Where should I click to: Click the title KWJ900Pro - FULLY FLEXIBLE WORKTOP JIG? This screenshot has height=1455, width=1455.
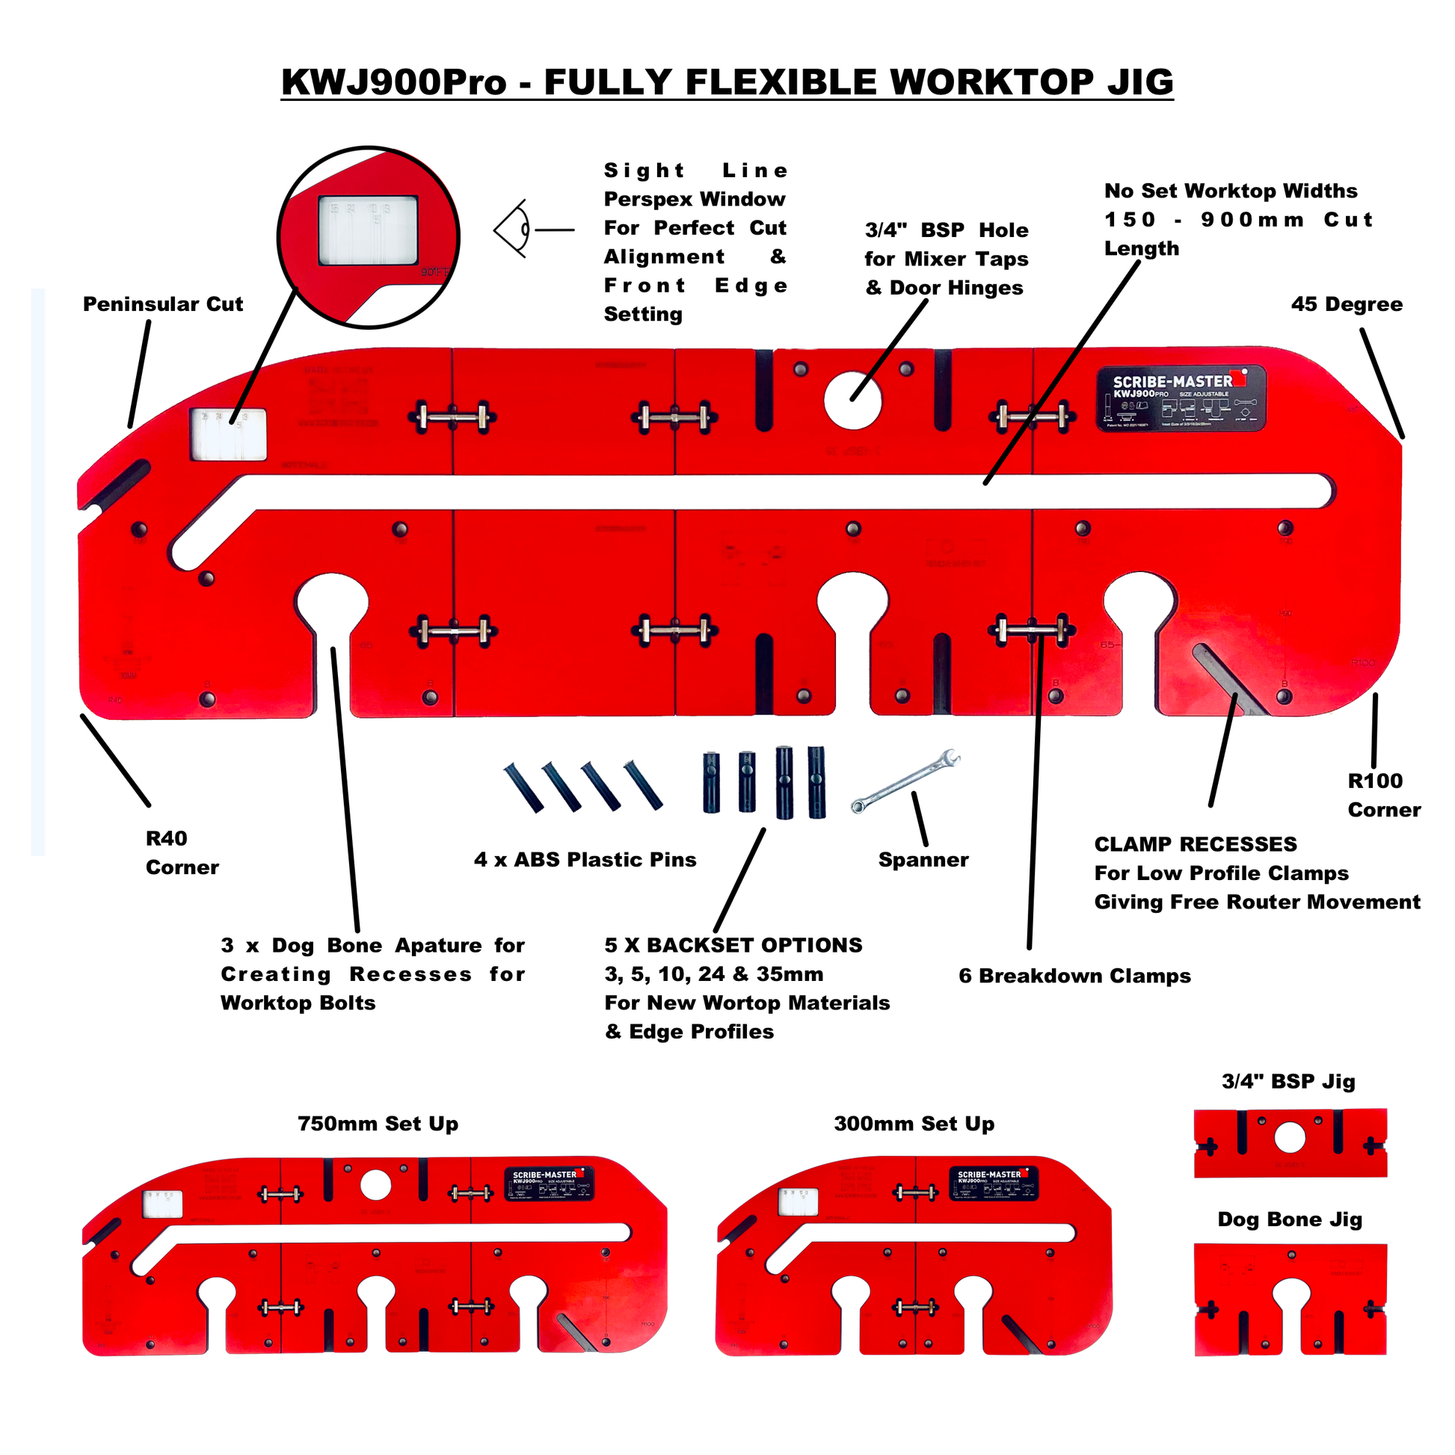click(727, 82)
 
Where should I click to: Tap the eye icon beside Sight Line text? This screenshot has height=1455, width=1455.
click(514, 229)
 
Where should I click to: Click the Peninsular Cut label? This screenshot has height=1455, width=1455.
click(163, 304)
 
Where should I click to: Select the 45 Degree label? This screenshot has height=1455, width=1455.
click(1347, 304)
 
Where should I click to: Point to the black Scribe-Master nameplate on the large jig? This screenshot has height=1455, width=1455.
click(1180, 399)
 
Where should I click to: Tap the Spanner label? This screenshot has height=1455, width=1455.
click(923, 860)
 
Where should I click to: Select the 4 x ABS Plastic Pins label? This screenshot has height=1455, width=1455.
click(585, 860)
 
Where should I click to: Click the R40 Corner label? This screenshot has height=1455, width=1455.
click(182, 852)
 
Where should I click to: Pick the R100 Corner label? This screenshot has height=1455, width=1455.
click(1383, 796)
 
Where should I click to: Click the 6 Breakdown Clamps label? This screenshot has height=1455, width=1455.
click(1074, 976)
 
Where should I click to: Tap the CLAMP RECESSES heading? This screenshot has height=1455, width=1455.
click(1195, 844)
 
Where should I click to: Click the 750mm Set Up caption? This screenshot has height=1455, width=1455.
click(378, 1124)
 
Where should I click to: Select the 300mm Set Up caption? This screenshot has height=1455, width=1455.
click(914, 1124)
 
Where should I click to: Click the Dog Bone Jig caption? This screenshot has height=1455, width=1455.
click(1290, 1219)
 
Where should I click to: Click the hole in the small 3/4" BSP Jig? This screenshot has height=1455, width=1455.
click(1290, 1138)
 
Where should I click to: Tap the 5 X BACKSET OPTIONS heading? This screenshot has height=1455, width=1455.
click(733, 945)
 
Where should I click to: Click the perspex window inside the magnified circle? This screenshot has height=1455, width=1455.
click(368, 231)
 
